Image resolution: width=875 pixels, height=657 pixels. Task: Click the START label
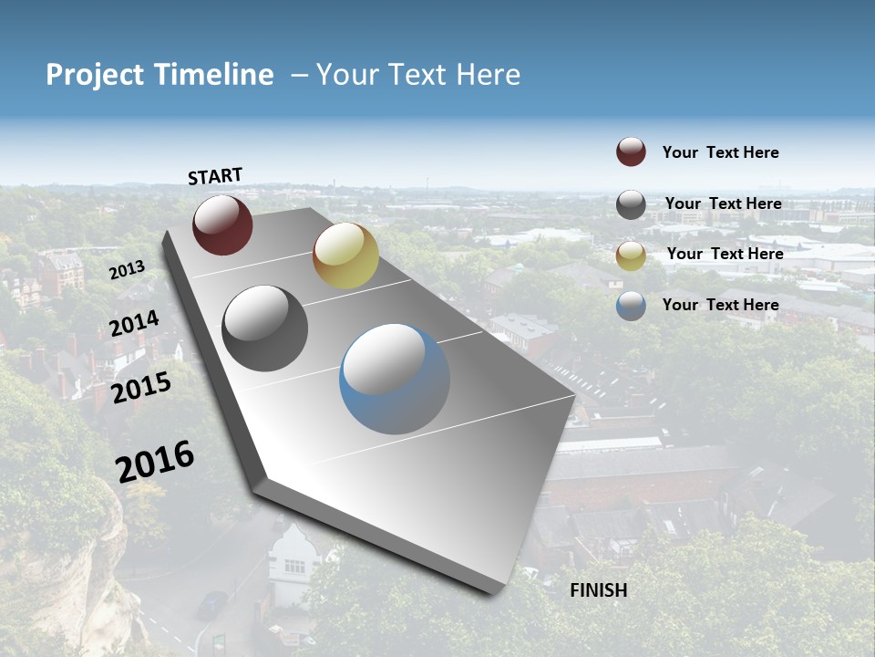[215, 176]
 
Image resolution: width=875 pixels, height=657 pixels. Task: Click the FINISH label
[598, 590]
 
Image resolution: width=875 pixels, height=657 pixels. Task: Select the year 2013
[127, 270]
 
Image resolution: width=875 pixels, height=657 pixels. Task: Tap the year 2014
[134, 324]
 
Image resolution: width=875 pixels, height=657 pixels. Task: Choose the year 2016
[155, 461]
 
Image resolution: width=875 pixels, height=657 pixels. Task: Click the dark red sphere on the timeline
[222, 224]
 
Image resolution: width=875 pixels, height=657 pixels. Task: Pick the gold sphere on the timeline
[345, 255]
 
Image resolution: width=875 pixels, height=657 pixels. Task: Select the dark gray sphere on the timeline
[265, 328]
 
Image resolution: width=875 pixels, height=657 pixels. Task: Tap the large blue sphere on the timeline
[395, 379]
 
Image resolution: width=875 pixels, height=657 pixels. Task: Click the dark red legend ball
[631, 152]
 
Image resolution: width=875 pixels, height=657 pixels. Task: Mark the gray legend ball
[631, 204]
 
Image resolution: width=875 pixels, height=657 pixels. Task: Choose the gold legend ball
[631, 255]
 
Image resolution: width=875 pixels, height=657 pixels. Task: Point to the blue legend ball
[631, 306]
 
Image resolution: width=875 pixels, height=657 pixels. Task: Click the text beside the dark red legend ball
[720, 153]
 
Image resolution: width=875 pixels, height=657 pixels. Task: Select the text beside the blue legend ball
[720, 305]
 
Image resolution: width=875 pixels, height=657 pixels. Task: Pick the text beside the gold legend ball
[725, 254]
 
